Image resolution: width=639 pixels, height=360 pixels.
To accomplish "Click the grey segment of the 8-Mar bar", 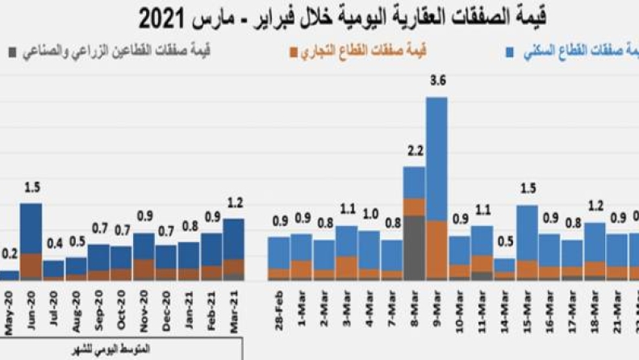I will pyautogui.click(x=414, y=247).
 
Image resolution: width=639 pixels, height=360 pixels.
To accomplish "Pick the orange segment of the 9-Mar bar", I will pyautogui.click(x=436, y=249).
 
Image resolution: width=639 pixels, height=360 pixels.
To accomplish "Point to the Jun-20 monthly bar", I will pyautogui.click(x=31, y=241).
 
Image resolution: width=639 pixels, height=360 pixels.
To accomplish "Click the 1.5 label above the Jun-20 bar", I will pyautogui.click(x=31, y=187).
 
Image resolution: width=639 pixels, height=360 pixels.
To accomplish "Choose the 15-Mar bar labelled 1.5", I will pyautogui.click(x=527, y=242).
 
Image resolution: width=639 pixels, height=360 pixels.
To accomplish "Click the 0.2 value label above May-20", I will pyautogui.click(x=9, y=254).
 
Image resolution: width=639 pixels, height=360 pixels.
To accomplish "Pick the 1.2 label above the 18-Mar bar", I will pyautogui.click(x=595, y=205).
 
